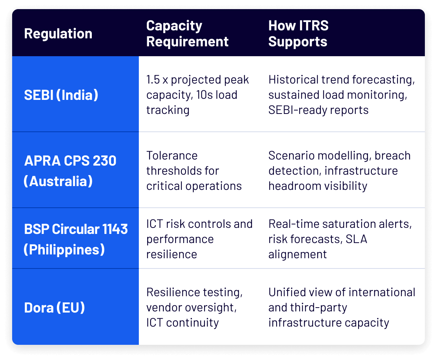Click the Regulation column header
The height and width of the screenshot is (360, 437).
(x=58, y=33)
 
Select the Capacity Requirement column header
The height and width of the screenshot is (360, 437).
(x=187, y=33)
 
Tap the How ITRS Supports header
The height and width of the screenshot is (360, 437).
(x=298, y=33)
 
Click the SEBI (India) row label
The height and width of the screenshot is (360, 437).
(x=61, y=95)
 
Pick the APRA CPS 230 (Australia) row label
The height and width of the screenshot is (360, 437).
(x=70, y=171)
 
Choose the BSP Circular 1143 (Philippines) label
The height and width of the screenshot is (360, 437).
(x=76, y=239)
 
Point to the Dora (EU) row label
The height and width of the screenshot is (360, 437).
(x=55, y=308)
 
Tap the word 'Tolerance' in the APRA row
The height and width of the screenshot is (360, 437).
(x=172, y=156)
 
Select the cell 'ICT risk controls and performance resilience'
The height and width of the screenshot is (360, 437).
(x=199, y=239)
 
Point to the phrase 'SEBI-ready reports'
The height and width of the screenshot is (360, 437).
(x=318, y=110)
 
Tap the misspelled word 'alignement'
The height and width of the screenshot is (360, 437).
(x=297, y=254)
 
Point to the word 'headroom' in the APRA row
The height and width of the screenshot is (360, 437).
(x=294, y=186)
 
